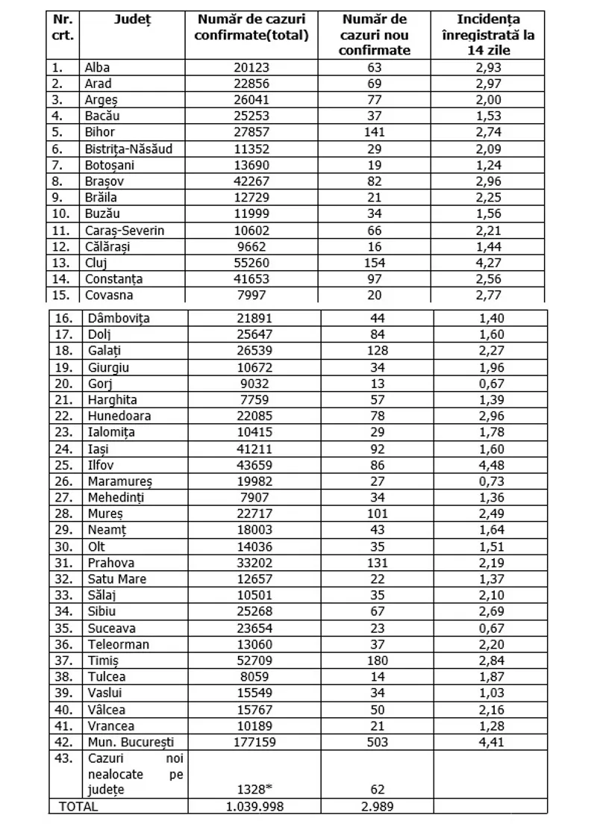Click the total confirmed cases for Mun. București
(254, 742)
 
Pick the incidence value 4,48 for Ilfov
(490, 466)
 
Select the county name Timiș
(103, 660)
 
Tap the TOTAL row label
(79, 806)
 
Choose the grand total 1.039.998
(254, 806)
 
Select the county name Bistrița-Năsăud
(129, 149)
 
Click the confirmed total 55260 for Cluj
(254, 263)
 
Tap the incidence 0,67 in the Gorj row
(490, 384)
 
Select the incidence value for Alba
(490, 68)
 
